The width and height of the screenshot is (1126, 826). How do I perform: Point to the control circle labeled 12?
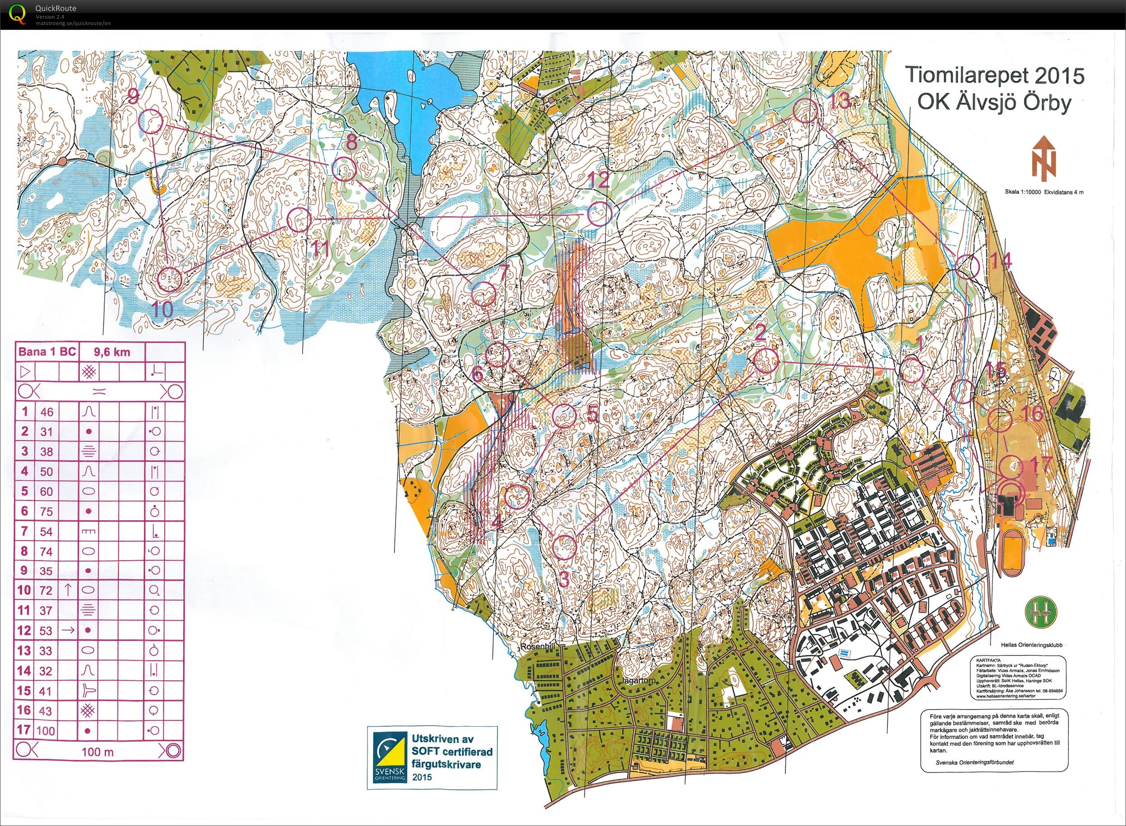point(599,214)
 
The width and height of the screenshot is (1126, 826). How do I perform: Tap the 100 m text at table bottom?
point(98,751)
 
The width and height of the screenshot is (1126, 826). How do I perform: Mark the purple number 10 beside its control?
point(162,310)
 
